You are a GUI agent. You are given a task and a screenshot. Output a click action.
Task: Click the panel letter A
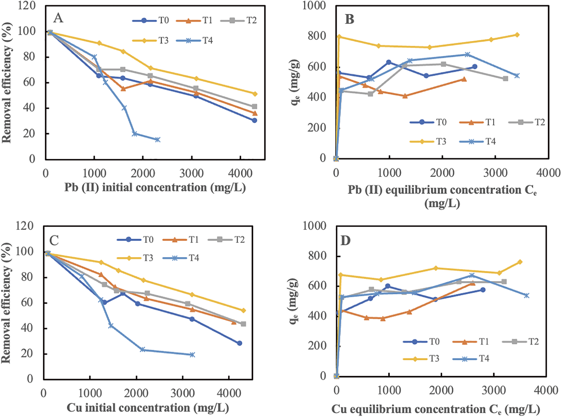[58, 18]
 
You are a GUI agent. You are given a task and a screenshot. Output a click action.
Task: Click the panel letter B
[349, 19]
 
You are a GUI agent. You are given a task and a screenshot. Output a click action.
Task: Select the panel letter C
[54, 240]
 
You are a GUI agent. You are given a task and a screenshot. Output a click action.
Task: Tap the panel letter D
[345, 241]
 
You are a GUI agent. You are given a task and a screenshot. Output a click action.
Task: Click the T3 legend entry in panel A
[151, 41]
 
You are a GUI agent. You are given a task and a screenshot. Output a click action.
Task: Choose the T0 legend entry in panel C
[135, 240]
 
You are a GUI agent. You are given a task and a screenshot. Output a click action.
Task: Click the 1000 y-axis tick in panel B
[314, 6]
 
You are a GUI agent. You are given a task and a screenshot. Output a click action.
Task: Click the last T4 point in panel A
[158, 139]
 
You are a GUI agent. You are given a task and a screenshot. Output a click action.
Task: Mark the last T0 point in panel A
[254, 120]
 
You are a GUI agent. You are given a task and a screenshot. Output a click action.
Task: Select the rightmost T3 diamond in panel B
[517, 35]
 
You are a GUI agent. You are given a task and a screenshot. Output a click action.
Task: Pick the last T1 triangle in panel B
[464, 79]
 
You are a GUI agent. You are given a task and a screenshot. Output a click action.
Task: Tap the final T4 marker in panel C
[192, 355]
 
